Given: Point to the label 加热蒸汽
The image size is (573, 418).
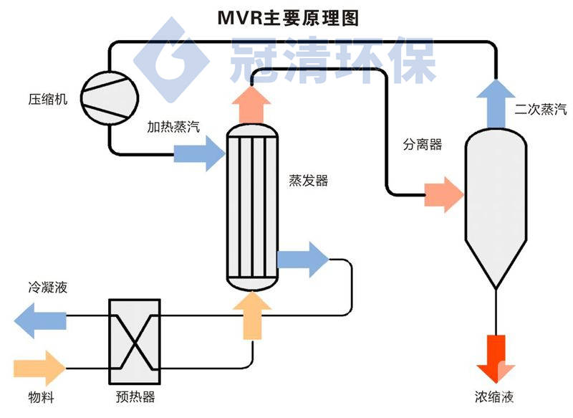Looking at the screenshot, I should (x=173, y=127).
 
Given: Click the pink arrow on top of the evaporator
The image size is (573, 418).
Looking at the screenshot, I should (x=251, y=101).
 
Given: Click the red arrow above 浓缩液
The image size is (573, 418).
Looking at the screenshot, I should (x=495, y=358).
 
